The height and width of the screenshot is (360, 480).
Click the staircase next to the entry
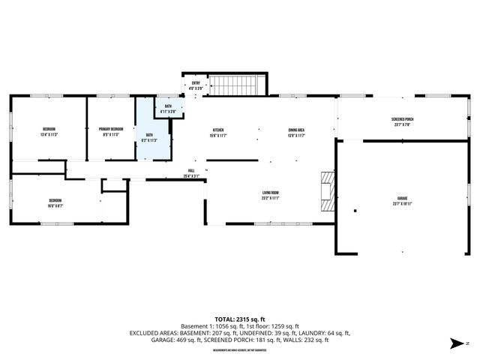point(237,85)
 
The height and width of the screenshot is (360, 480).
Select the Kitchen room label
point(218,130)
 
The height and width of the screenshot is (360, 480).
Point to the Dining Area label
point(296,130)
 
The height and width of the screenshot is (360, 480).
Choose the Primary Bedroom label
point(111,129)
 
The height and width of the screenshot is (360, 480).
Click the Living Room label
point(270,193)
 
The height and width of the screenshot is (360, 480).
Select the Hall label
point(191,171)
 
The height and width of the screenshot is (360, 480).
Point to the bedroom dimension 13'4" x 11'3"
point(49,135)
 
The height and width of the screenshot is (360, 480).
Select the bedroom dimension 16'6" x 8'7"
point(55,205)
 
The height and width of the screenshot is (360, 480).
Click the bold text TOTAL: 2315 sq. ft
point(240,319)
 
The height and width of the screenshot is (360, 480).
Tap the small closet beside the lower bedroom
point(114,184)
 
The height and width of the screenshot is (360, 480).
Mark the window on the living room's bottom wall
point(266,224)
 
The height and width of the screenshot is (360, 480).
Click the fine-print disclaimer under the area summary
point(240,350)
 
